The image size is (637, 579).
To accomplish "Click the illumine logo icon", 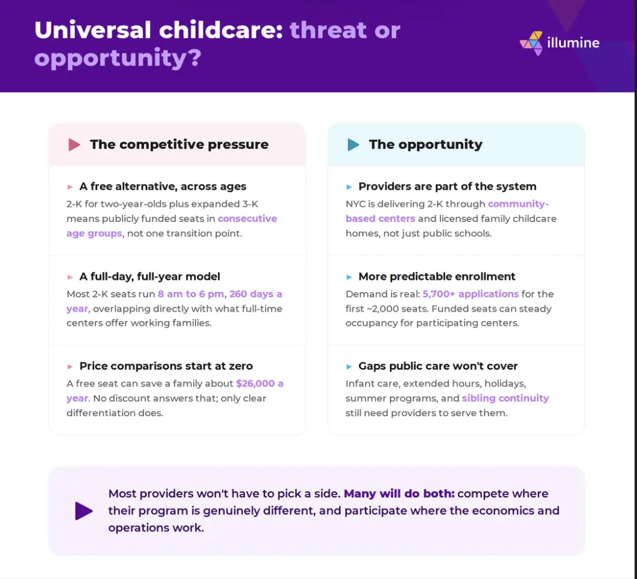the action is click(531, 43).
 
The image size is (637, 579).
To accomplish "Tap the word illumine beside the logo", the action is click(573, 43).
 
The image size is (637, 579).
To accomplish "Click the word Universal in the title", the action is click(93, 30).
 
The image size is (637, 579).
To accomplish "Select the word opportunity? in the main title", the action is click(118, 58).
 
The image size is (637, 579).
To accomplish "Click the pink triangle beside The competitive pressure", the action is click(74, 145).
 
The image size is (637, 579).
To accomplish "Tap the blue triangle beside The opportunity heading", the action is click(353, 145).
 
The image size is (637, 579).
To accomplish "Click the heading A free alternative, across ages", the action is click(163, 186).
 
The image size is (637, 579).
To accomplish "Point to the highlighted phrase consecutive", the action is click(247, 218).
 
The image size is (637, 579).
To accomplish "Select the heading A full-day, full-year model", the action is click(150, 276).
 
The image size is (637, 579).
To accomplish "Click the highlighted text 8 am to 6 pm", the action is click(191, 294).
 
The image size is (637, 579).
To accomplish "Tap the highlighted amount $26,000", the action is click(256, 384).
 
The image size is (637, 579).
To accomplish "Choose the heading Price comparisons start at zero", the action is click(166, 365).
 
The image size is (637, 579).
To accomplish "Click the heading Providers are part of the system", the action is click(447, 186).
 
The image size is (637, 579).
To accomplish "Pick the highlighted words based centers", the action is click(380, 218).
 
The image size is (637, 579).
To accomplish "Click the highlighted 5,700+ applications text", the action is click(471, 294).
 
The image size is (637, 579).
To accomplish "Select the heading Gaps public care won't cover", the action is click(438, 365).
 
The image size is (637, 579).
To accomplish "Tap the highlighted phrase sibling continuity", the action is click(505, 398).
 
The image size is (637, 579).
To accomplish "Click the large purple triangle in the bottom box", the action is click(84, 511).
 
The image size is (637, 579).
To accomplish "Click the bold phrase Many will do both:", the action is click(399, 493).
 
